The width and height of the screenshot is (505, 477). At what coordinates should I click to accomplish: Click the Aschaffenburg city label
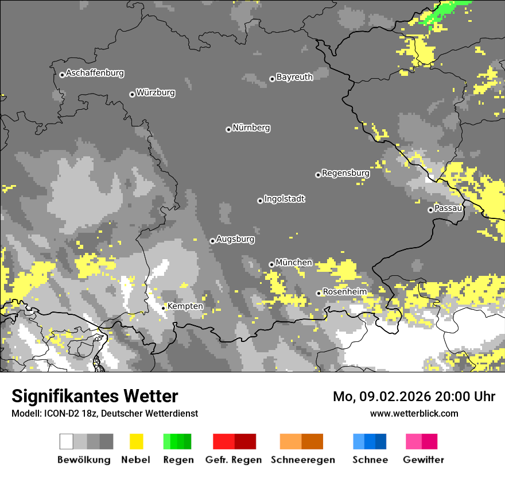click(x=95, y=73)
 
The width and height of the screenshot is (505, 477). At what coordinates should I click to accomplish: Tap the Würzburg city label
click(x=156, y=93)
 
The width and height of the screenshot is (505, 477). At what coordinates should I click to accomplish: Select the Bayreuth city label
click(x=294, y=77)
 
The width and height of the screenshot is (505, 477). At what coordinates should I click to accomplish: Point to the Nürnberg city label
click(x=251, y=128)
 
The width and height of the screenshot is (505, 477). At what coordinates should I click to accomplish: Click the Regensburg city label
click(x=345, y=173)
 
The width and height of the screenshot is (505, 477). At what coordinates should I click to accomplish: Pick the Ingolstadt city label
click(x=285, y=199)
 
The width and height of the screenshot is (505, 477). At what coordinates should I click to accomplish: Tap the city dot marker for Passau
click(x=430, y=210)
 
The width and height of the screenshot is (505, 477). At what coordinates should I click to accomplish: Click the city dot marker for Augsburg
click(x=212, y=241)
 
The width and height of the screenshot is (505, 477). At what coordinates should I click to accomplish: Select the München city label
click(x=294, y=263)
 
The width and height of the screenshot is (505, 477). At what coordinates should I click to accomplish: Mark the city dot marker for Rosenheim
click(x=318, y=294)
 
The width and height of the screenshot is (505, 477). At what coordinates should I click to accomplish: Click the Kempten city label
click(x=185, y=306)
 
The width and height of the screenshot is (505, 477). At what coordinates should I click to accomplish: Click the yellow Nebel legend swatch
click(x=136, y=441)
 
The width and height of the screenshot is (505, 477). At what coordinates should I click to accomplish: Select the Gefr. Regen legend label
click(x=234, y=460)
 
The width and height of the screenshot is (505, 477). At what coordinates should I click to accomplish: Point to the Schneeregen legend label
click(x=302, y=460)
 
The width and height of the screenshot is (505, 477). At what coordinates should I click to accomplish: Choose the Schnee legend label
click(x=370, y=460)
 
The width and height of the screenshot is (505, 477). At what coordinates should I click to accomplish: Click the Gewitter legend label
click(x=423, y=460)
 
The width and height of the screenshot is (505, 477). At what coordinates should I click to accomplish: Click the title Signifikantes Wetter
click(x=95, y=396)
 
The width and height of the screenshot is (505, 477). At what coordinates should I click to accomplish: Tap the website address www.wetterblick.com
click(x=414, y=413)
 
